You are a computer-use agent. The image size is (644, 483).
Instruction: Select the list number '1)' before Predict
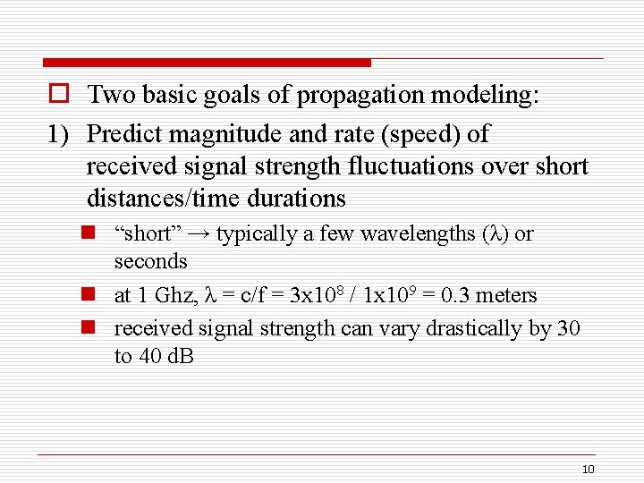click(59, 134)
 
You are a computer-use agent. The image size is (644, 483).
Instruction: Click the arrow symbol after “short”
click(199, 234)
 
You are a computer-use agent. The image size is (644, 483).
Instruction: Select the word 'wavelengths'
click(421, 234)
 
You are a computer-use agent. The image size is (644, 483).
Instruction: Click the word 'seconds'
click(150, 261)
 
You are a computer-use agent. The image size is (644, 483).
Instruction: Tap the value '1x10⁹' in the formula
click(391, 294)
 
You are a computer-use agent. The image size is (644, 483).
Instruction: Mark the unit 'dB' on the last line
click(182, 356)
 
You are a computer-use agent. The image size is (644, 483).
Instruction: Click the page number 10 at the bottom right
click(588, 470)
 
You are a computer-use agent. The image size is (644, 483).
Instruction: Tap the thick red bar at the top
click(206, 63)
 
